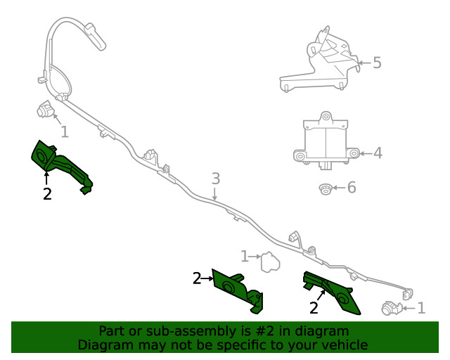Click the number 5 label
[377, 63]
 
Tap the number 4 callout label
[378, 153]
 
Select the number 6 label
[352, 188]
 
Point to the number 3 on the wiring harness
[216, 179]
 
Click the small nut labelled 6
[325, 188]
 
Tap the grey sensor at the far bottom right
[391, 308]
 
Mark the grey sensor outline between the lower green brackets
[269, 263]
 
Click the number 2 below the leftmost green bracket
[47, 194]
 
